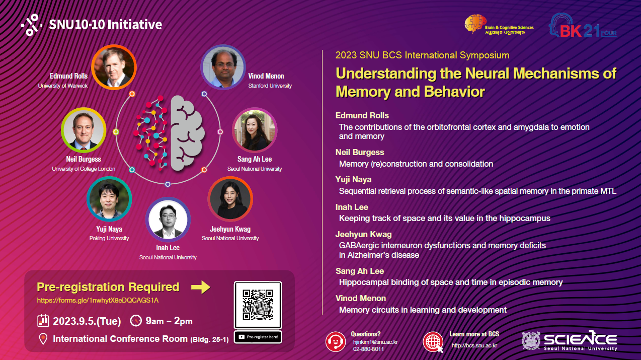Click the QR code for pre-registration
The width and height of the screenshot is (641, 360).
point(258,305)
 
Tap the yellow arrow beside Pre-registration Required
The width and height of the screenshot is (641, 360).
point(201,287)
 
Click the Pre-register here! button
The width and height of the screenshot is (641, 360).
point(258,337)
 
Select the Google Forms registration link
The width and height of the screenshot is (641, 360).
point(98,300)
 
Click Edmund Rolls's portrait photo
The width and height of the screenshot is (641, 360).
point(114,67)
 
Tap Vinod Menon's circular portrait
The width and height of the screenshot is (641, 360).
point(223,67)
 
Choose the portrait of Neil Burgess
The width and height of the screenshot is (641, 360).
point(84,130)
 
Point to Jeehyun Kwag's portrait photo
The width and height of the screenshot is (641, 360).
point(230,199)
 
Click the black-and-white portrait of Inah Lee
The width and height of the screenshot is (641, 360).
point(168,220)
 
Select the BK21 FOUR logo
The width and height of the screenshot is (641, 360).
point(583,26)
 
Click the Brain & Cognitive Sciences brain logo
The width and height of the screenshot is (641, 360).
point(475,24)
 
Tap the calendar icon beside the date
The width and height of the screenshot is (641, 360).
point(43,321)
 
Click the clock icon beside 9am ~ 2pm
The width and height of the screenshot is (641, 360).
point(136,321)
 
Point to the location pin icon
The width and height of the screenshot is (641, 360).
point(43,339)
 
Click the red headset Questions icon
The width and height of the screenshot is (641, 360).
point(336,342)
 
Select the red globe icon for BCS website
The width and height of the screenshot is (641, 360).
point(433,342)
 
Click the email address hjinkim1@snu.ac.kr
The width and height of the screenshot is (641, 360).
point(375,342)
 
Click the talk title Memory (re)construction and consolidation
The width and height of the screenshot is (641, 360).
point(416,164)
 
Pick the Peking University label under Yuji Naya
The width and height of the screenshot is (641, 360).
point(109,238)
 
